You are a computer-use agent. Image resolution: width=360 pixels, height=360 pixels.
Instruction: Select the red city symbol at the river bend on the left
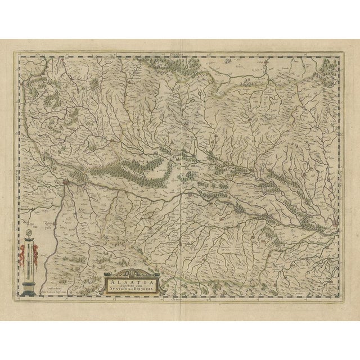pos(67,182)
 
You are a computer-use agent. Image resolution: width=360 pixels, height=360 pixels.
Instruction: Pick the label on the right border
pos(341,169)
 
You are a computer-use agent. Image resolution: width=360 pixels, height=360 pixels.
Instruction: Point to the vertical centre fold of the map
pos(179,169)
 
